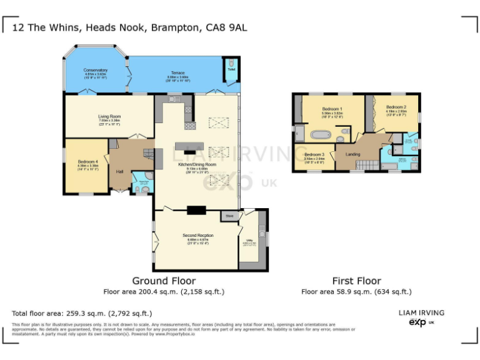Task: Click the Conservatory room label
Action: [x=96, y=71]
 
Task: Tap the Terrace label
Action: [x=177, y=73]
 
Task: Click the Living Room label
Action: [x=109, y=117]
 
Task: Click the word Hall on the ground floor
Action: [x=119, y=171]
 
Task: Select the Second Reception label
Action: [x=197, y=236]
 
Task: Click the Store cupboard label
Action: [x=229, y=216]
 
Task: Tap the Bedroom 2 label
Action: [x=396, y=107]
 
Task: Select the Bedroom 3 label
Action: [x=314, y=154]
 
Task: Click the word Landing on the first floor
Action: [x=352, y=154]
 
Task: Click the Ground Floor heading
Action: [x=164, y=281]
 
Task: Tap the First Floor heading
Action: [x=356, y=281]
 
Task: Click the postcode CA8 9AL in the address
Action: [x=228, y=27]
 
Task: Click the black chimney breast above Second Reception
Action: [x=196, y=210]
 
